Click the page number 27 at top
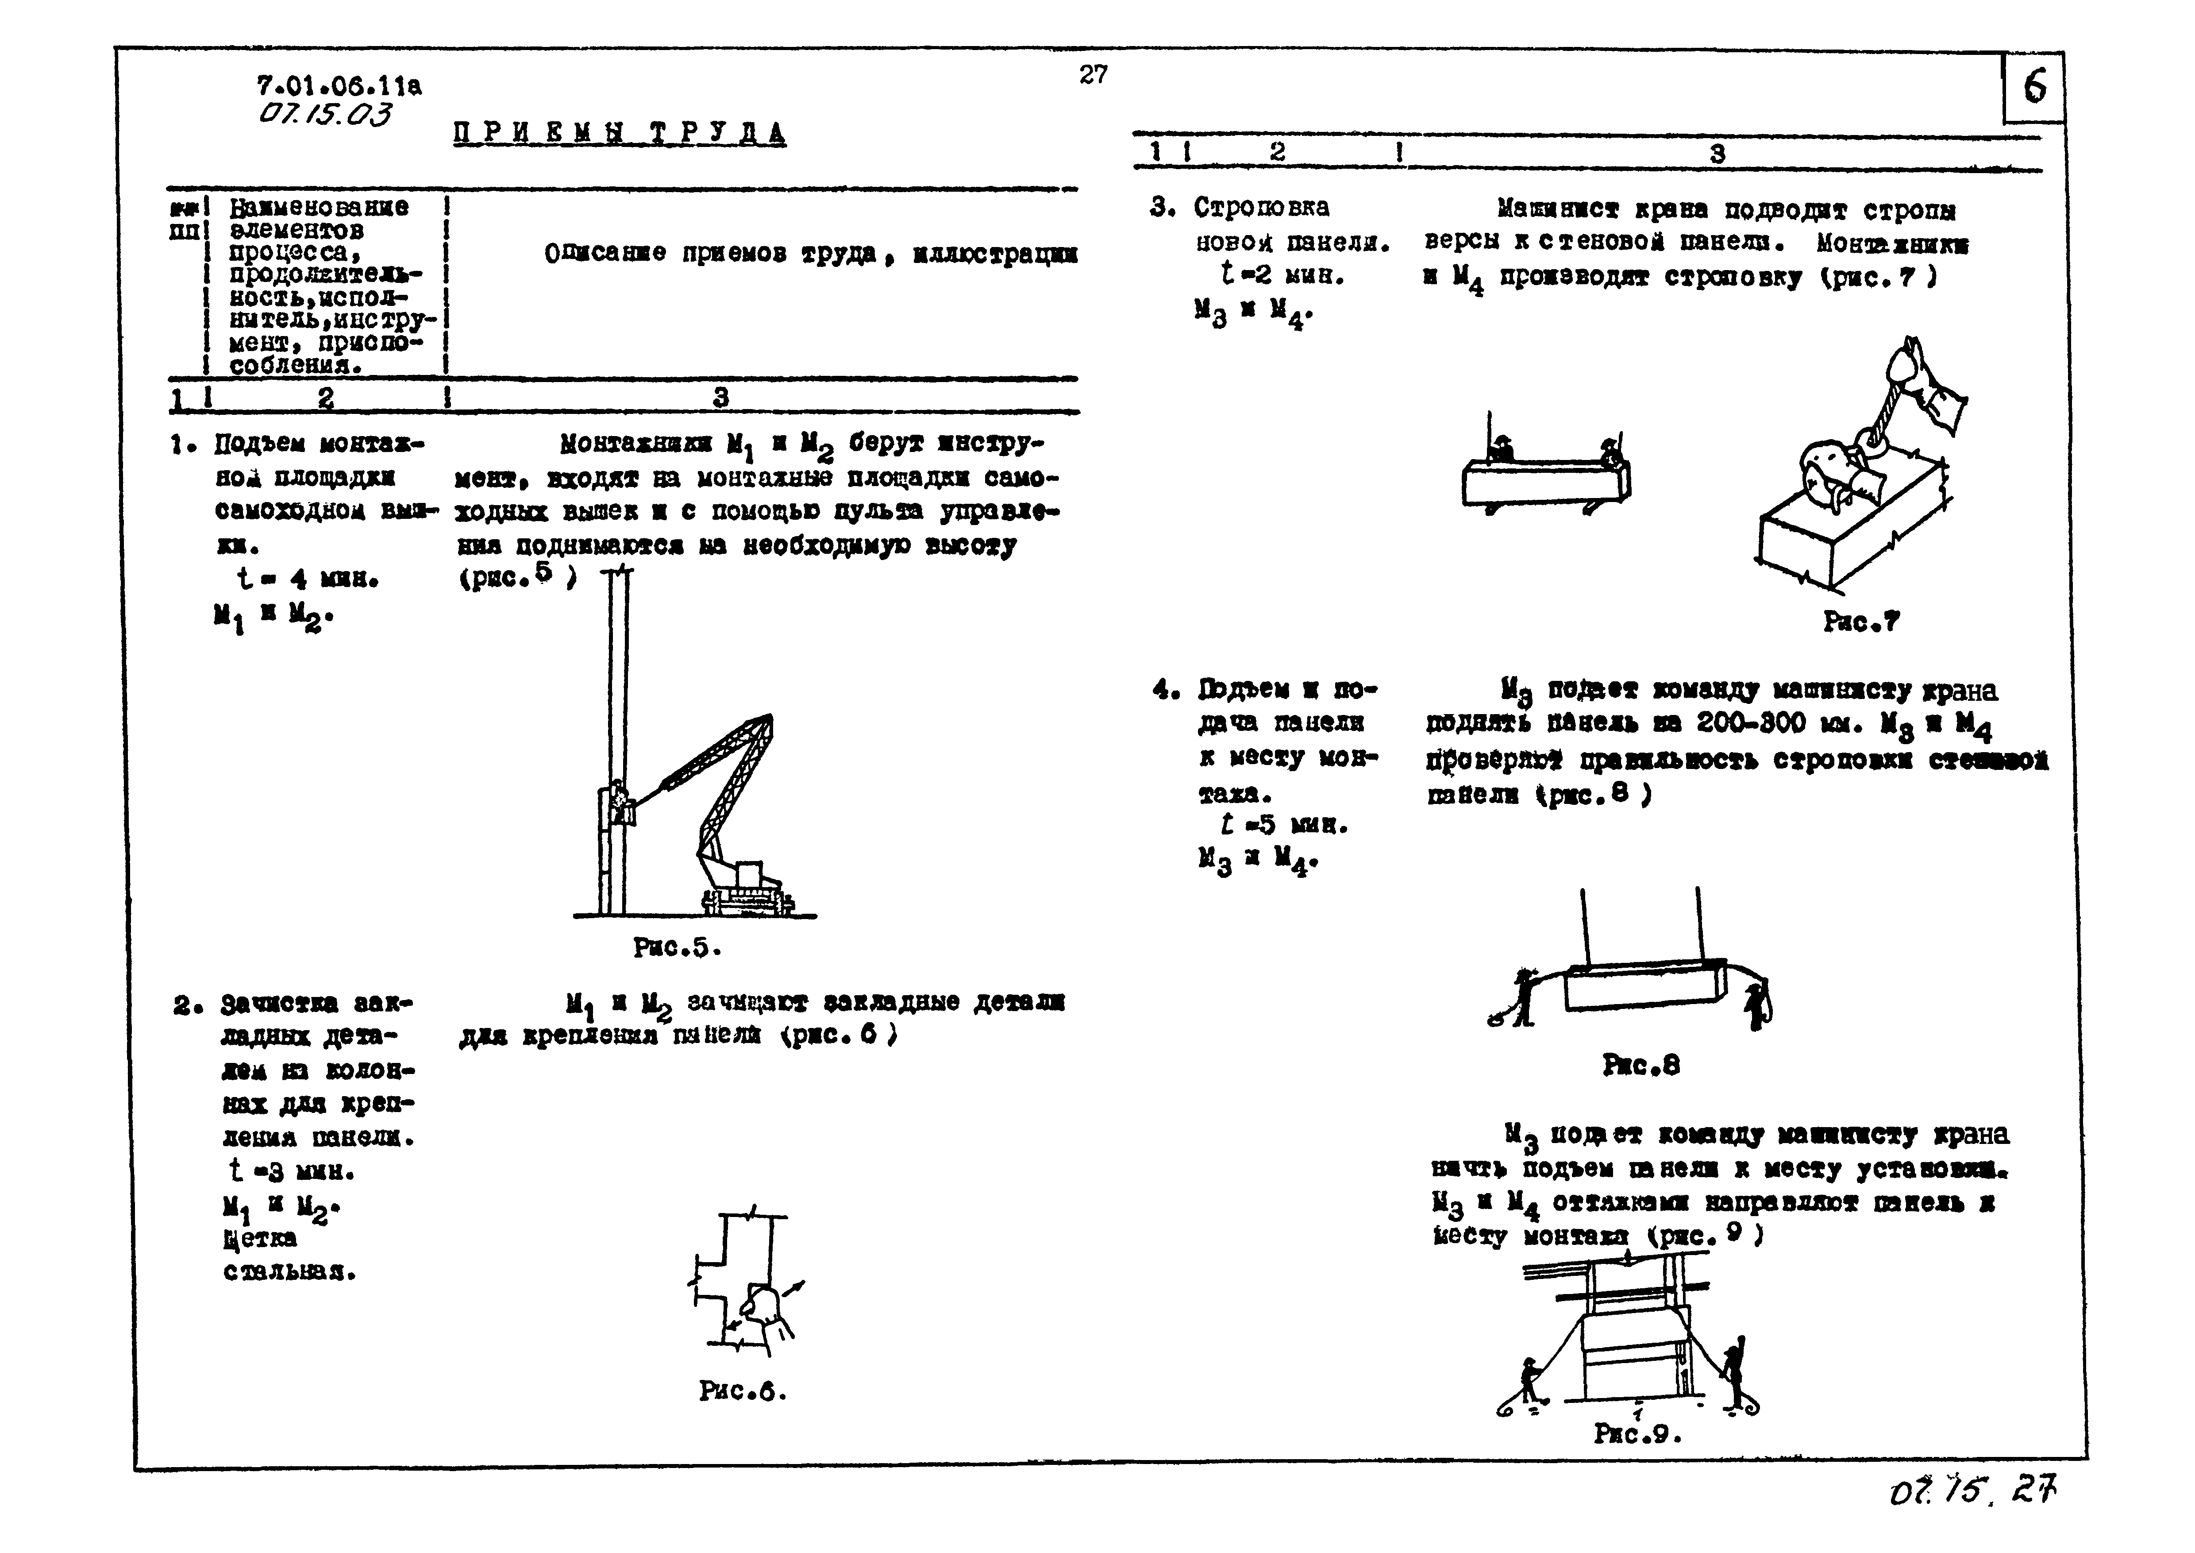click(x=1093, y=74)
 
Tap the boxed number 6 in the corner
click(x=2034, y=88)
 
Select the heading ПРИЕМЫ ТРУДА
click(x=620, y=133)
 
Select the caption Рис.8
click(x=1640, y=1065)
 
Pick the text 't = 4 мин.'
click(x=308, y=579)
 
